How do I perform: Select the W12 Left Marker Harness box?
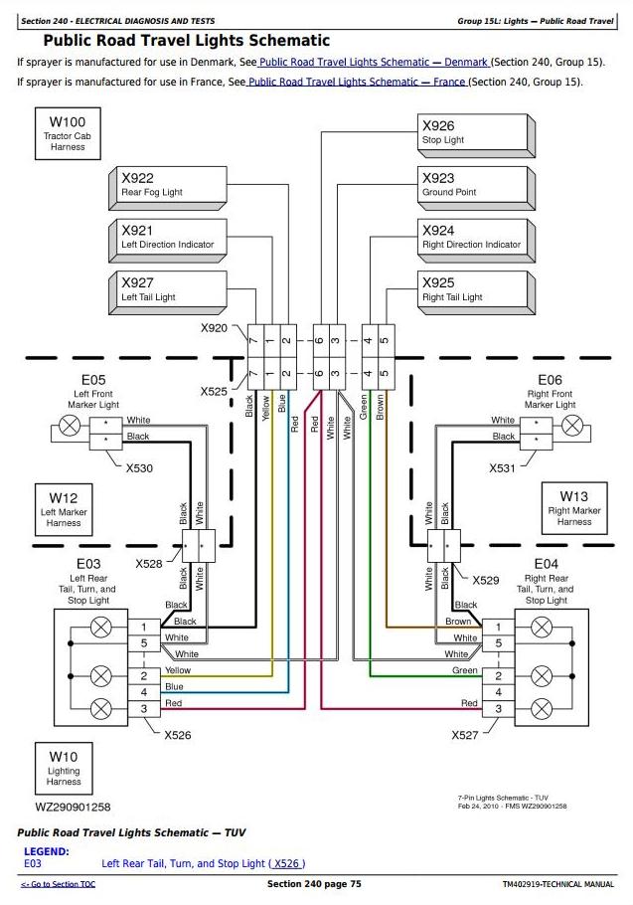(x=63, y=509)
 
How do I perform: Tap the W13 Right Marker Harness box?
(x=573, y=509)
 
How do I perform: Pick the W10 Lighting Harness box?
(x=63, y=768)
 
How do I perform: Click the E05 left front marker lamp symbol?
(x=69, y=427)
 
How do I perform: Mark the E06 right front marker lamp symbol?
(x=570, y=427)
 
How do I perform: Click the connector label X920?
(x=214, y=327)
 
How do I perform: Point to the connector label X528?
(x=148, y=563)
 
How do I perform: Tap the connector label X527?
(x=465, y=735)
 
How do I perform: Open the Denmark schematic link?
(x=373, y=62)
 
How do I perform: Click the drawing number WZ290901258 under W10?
(x=73, y=807)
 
